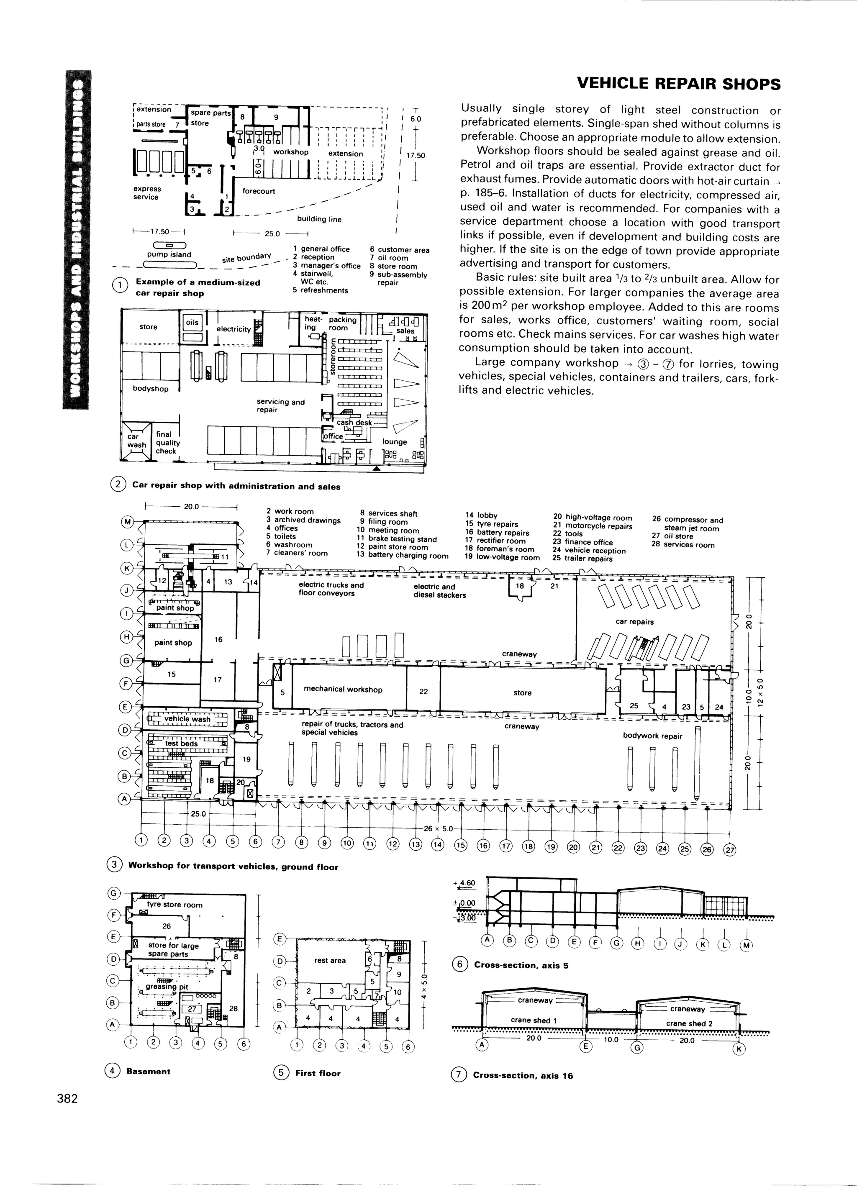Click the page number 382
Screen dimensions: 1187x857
point(67,1097)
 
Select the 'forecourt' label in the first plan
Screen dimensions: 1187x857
point(259,191)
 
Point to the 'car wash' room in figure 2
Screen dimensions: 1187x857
point(136,441)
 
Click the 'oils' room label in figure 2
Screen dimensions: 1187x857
point(192,323)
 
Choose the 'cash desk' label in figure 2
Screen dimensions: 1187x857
point(354,422)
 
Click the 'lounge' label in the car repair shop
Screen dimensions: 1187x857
point(394,442)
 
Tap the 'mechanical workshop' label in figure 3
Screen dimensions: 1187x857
point(343,689)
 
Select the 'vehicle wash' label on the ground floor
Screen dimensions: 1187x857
point(187,719)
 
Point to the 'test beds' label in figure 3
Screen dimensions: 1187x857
point(181,743)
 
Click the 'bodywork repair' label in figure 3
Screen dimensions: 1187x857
point(652,736)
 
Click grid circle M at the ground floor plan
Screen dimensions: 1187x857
point(127,521)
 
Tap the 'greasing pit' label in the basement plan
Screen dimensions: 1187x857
point(167,987)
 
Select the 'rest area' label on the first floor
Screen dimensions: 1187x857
point(330,960)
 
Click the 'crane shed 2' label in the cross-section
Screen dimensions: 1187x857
point(689,1023)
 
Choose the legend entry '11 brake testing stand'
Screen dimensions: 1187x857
point(397,538)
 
